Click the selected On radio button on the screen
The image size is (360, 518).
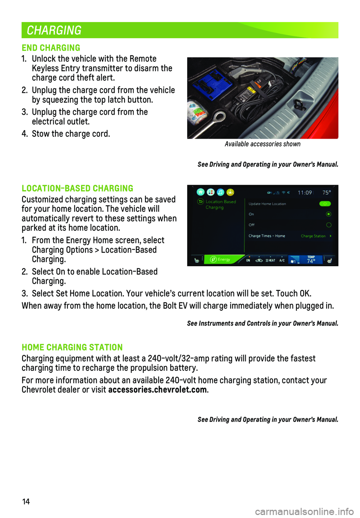point(328,214)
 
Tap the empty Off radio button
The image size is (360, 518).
point(328,225)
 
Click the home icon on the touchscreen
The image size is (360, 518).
point(201,192)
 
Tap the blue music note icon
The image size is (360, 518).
point(220,192)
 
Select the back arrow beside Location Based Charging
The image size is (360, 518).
point(200,202)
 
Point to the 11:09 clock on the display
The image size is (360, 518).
point(304,193)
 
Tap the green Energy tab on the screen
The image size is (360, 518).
point(221,259)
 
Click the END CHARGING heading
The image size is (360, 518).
point(51,48)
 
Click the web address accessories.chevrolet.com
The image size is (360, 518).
point(157,390)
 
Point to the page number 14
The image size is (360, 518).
point(26,502)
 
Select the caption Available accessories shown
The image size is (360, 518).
point(262,144)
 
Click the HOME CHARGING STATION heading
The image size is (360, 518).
point(72,347)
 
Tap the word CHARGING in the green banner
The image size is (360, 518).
point(54,30)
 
